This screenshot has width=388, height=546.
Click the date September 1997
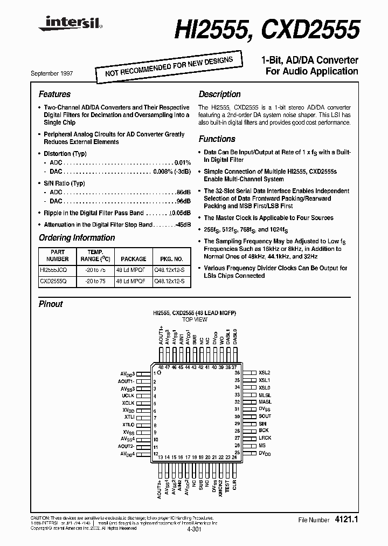[x=56, y=72]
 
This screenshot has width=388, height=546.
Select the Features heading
[x=54, y=94]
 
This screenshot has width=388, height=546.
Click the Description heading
[x=219, y=94]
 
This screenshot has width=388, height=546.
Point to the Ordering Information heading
[x=77, y=238]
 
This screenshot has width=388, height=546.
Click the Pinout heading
[x=51, y=304]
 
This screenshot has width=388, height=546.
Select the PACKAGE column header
[x=134, y=259]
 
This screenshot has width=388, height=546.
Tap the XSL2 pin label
[x=265, y=373]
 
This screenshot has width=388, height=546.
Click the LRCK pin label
[x=265, y=439]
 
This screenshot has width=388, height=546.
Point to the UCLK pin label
[x=128, y=395]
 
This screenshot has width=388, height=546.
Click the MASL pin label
[x=265, y=402]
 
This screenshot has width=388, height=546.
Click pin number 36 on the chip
[x=237, y=373]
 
